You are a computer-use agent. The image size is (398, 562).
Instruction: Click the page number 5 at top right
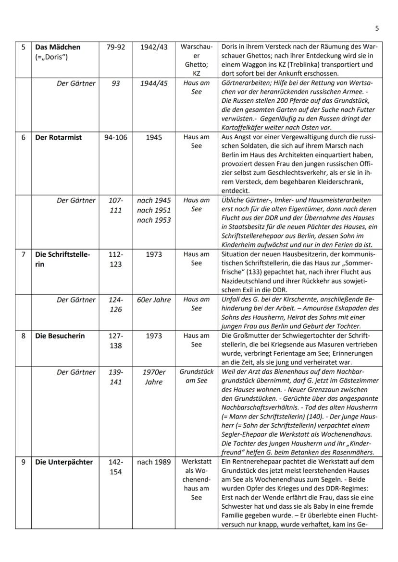coord(377,28)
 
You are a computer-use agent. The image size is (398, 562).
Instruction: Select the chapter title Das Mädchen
coord(57,47)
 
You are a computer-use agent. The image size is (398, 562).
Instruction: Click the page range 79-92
coord(115,47)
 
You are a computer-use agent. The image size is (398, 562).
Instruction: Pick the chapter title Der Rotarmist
coord(59,137)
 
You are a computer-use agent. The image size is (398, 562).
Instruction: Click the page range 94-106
coord(115,137)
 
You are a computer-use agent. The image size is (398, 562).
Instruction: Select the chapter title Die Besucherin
coord(60,336)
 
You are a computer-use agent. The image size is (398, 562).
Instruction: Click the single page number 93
coord(115,83)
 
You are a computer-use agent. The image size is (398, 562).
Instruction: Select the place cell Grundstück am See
coord(196,376)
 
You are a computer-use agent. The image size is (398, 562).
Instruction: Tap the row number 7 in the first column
coord(23,255)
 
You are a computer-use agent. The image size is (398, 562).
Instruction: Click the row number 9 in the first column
coord(23,462)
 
